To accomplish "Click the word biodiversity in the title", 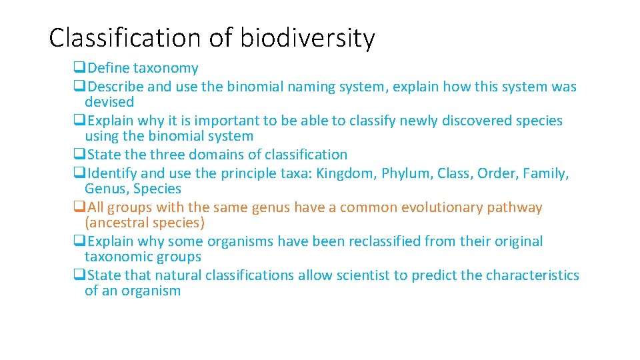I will click(307, 39).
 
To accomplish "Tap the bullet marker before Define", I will click(79, 68).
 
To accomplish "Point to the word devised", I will click(109, 102).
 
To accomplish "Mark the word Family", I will click(545, 173).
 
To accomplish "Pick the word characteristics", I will click(533, 275).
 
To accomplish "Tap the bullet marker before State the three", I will click(79, 155).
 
